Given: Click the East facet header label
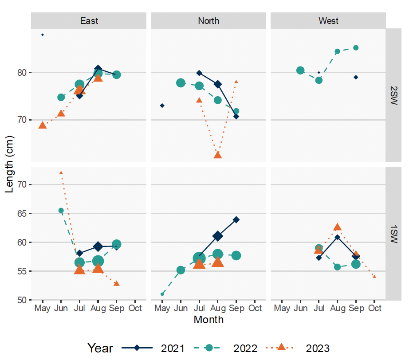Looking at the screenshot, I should click(89, 21).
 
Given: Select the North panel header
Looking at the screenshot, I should click(208, 21).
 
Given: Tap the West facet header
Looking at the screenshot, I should click(328, 21).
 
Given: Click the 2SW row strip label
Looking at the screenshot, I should click(394, 95).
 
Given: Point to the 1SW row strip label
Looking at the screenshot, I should click(394, 233).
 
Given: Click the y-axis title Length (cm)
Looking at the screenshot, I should click(10, 164).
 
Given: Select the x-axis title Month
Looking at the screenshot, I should click(208, 320).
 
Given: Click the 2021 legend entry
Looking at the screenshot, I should click(153, 348).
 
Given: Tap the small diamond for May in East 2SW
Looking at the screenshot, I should click(43, 35).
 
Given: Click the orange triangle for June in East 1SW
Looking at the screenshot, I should click(61, 172).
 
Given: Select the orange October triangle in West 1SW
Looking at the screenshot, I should click(374, 276).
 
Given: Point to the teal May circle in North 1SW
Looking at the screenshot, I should click(162, 294).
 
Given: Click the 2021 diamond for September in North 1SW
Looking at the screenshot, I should click(236, 219).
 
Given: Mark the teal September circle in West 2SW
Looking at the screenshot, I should click(356, 48).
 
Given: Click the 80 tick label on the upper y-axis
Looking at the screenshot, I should click(22, 72).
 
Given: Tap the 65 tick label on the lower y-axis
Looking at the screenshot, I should click(22, 213).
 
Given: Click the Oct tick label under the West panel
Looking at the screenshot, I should click(374, 308).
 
